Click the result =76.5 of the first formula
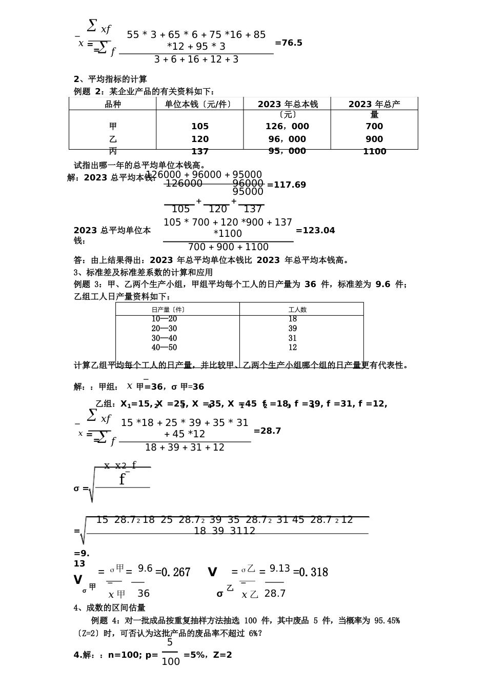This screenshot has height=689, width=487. [289, 43]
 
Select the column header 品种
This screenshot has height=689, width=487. [113, 104]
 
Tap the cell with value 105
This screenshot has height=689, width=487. [200, 126]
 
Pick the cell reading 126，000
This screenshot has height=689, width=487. [287, 126]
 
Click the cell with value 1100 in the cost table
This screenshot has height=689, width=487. [374, 151]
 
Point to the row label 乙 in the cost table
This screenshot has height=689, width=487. [113, 139]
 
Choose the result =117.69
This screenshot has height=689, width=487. [287, 185]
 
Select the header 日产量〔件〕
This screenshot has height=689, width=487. [168, 310]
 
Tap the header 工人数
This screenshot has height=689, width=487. [297, 310]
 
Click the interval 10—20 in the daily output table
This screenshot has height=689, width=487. [164, 319]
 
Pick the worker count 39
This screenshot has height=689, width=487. [293, 329]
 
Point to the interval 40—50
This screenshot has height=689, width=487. [164, 348]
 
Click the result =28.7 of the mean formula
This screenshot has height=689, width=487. [267, 431]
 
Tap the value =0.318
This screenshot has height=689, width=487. [311, 572]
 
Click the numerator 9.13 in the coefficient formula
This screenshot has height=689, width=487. [280, 569]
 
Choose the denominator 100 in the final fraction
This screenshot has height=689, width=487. [171, 661]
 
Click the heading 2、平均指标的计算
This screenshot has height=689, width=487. [111, 79]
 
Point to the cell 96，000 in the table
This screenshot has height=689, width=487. [287, 139]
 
